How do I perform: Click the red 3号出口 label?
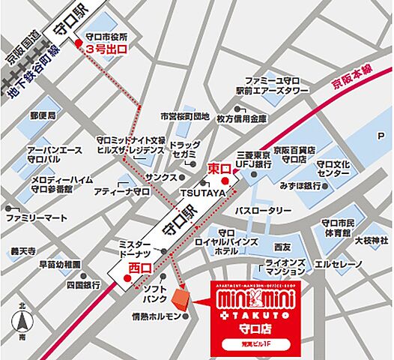point(106,49)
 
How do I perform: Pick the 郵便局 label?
point(43,117)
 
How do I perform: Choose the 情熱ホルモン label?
point(156,316)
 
